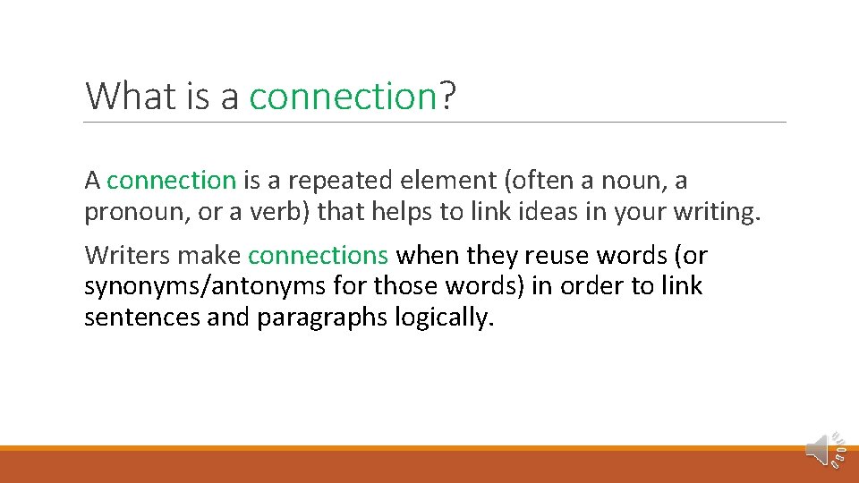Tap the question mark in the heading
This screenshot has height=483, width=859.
[x=447, y=96]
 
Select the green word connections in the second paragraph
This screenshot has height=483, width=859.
[x=318, y=256]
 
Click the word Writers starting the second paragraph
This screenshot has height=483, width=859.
[x=127, y=256]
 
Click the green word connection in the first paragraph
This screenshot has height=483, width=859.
[x=171, y=181]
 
